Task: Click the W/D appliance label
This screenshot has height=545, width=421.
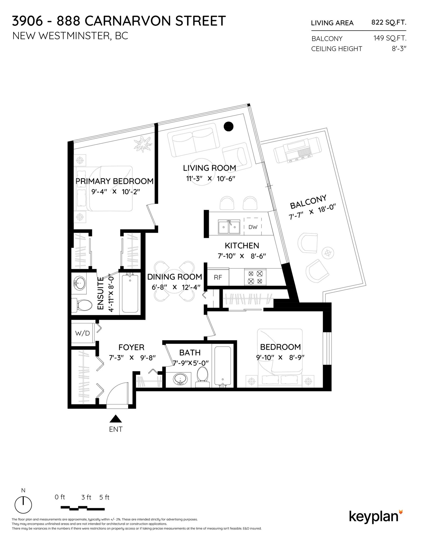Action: tap(82, 333)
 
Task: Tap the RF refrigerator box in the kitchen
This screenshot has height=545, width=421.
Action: tap(218, 277)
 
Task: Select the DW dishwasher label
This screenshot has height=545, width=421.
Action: tap(253, 227)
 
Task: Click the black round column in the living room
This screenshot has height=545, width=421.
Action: tap(228, 126)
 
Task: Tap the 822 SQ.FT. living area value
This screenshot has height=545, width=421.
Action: tap(389, 22)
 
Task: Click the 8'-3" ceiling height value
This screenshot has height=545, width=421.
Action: tap(399, 49)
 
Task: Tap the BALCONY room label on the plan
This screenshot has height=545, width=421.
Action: tap(308, 202)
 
